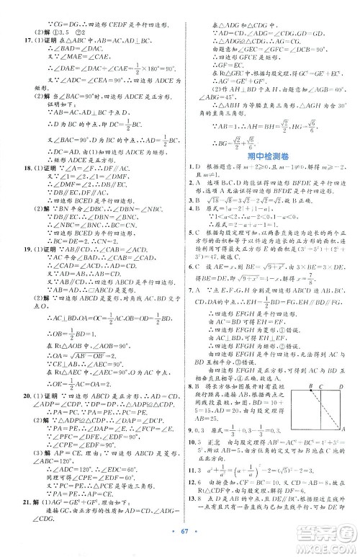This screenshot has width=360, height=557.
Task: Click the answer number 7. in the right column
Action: (x=189, y=329)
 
